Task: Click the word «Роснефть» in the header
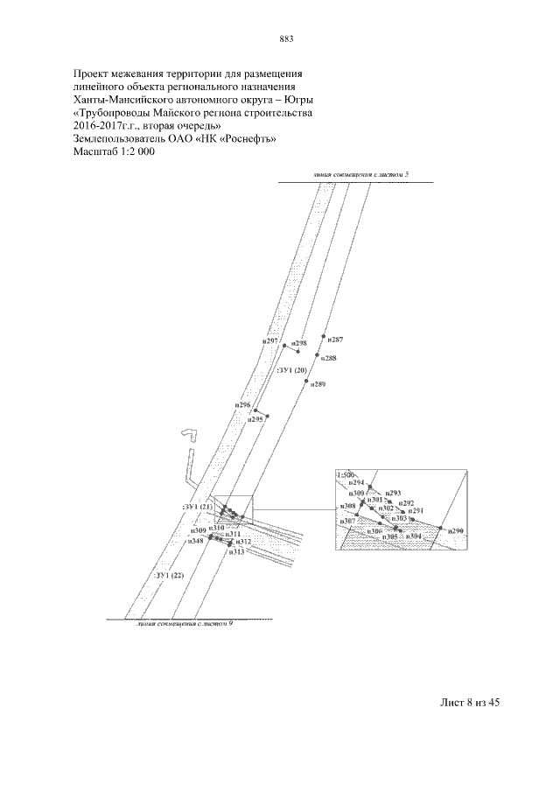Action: coord(251,138)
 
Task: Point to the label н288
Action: coord(329,358)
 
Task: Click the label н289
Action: coord(318,386)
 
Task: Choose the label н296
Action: coord(243,406)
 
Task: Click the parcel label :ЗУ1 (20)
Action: coord(292,371)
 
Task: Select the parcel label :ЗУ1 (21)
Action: coord(197,508)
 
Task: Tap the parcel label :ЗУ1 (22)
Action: coord(169,575)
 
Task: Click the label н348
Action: coord(197,541)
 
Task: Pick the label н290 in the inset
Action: coord(455,531)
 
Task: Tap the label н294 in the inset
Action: coord(356,483)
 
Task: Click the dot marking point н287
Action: coord(325,336)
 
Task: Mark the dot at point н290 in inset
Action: coord(442,529)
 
